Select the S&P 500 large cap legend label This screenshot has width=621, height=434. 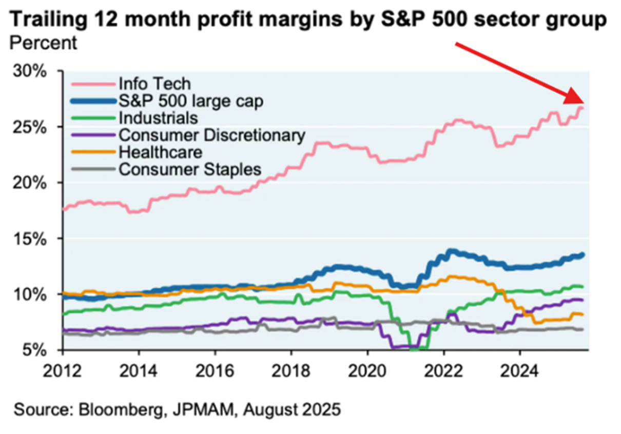click(191, 101)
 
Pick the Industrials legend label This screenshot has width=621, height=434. click(158, 117)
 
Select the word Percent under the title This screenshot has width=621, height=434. click(43, 43)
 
